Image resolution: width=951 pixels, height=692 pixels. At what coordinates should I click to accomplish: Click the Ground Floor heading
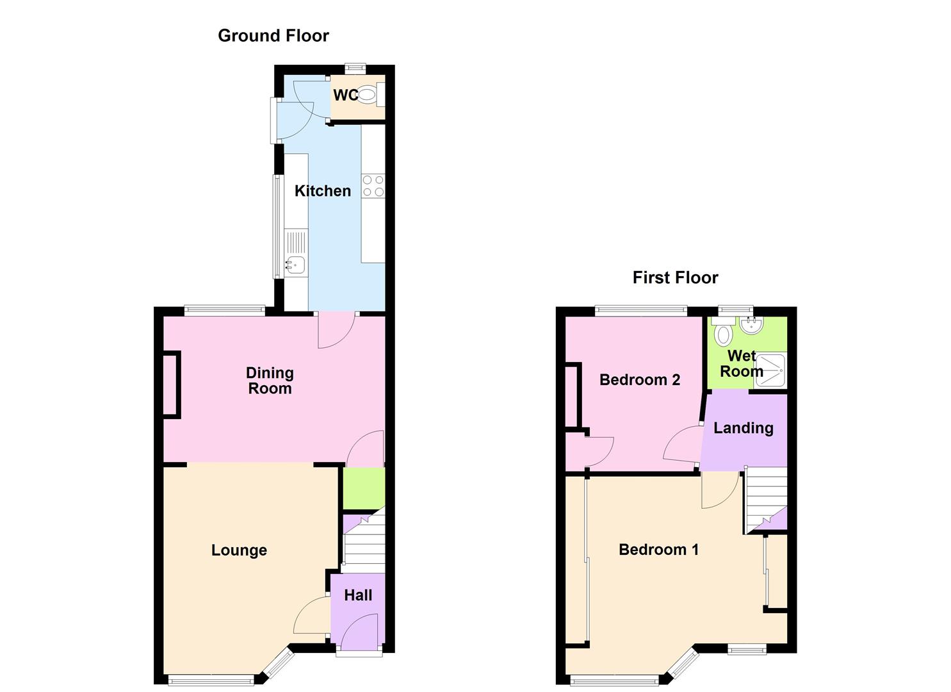coord(273,36)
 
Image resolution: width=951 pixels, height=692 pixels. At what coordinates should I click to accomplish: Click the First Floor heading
coord(675,277)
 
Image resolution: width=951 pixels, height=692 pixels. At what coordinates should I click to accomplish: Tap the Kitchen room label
coord(323,191)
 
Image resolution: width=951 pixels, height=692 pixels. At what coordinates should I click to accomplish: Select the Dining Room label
coord(270,381)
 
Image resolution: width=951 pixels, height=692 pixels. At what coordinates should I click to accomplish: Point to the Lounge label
coord(239,550)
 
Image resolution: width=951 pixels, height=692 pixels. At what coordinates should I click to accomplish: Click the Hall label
coord(358,595)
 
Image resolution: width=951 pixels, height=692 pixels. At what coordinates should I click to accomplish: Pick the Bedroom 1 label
coord(658,550)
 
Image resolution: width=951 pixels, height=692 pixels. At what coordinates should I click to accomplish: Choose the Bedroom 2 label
coord(639,380)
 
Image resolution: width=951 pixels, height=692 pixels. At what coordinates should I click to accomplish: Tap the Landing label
coord(743,428)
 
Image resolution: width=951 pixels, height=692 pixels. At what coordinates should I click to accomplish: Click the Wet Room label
coord(742,364)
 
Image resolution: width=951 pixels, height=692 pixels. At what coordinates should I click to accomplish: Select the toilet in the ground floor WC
coord(366,95)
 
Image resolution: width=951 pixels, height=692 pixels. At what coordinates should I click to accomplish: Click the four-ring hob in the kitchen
coord(373,186)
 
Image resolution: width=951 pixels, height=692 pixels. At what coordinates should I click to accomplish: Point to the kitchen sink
coord(295,263)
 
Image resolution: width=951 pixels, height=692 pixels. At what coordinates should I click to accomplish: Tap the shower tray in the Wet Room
coord(770,370)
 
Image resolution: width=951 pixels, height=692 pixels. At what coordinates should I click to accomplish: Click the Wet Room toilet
coord(724,334)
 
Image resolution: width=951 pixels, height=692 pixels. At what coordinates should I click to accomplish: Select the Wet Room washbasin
coord(751,325)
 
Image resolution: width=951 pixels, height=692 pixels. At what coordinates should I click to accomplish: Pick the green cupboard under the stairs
coord(364,489)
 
